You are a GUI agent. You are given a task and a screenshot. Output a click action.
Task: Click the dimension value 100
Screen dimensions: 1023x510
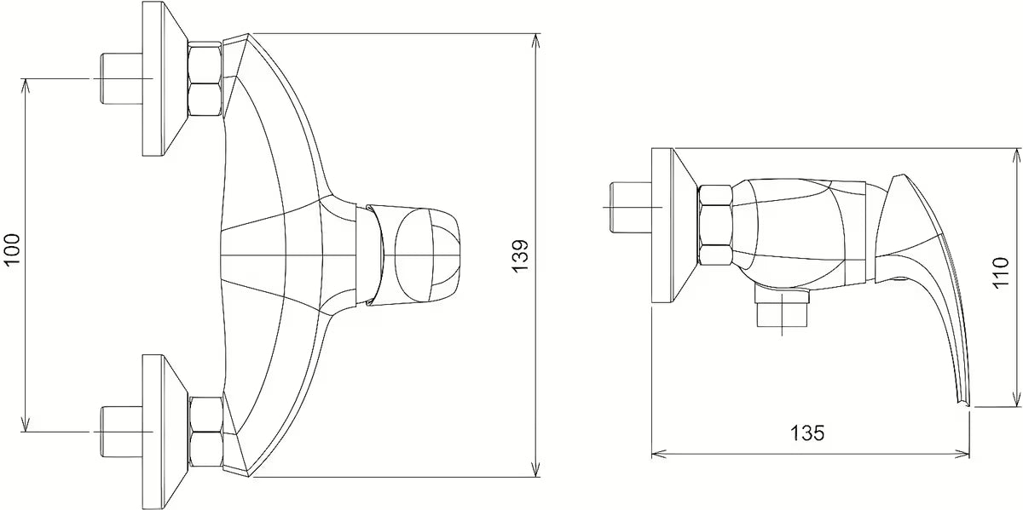(11, 249)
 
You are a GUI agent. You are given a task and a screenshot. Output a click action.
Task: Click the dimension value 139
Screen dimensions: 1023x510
(520, 256)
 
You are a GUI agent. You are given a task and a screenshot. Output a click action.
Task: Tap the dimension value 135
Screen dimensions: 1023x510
(807, 433)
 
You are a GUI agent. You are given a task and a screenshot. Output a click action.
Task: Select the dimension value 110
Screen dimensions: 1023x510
(1001, 272)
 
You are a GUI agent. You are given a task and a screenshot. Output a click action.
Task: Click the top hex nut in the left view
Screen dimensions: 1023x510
(205, 80)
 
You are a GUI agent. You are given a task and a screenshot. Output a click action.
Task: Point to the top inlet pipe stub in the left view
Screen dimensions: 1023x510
(121, 79)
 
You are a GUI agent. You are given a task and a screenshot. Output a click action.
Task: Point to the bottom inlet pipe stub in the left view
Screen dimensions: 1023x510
(121, 432)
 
